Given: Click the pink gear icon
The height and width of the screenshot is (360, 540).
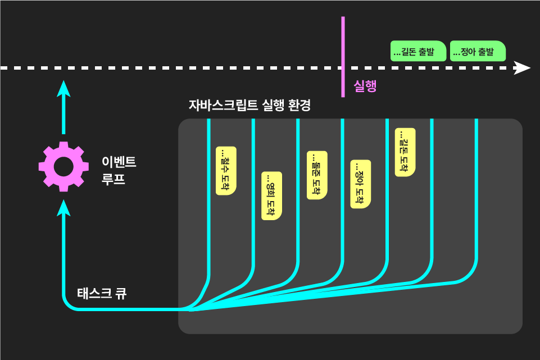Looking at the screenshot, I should (x=63, y=166).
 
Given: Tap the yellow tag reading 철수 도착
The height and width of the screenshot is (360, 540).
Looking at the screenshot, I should (x=226, y=171).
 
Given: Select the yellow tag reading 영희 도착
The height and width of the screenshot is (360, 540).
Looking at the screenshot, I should (x=271, y=195).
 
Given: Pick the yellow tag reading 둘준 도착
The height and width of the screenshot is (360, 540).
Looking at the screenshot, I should (x=317, y=175).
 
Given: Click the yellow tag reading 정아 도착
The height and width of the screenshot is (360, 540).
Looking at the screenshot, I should (x=361, y=184).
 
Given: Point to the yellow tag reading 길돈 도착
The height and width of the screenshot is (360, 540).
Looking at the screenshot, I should (x=405, y=152).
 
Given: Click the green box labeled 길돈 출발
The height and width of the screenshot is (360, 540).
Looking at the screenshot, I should (x=418, y=51).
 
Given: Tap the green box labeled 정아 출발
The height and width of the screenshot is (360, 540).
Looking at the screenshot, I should (x=478, y=51).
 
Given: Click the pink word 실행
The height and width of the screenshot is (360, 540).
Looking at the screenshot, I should (x=365, y=86).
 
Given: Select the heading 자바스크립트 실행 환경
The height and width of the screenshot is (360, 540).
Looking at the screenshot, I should (x=249, y=105).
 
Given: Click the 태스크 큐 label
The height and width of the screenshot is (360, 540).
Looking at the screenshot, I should (x=102, y=293).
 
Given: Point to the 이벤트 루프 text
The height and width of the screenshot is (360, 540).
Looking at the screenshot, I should (x=119, y=171).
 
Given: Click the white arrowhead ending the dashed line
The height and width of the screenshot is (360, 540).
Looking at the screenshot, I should (x=523, y=68).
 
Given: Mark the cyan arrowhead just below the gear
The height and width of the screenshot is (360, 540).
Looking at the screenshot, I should (x=63, y=207).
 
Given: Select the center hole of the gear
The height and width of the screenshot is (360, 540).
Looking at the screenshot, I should (x=63, y=166).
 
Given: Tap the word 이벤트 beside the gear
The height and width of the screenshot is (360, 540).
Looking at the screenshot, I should (x=119, y=162).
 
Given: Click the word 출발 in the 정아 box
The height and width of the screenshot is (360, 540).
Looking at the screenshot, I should (x=487, y=52).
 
